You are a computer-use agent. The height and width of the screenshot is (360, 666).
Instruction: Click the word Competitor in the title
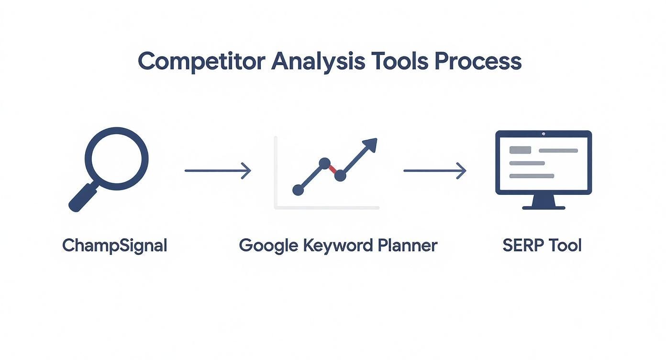pos(201,62)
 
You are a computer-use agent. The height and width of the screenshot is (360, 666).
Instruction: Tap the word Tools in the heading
pos(400,62)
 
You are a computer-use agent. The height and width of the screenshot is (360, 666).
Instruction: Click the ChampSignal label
pos(115,246)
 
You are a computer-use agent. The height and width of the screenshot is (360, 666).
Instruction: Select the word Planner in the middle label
pos(407,246)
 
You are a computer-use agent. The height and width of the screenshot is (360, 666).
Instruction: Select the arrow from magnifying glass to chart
pos(218,170)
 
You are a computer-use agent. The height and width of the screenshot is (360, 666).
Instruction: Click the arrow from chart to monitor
pos(434,170)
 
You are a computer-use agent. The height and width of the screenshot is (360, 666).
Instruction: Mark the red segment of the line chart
pos(333,169)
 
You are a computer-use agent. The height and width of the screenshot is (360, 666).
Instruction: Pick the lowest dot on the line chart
pos(298,190)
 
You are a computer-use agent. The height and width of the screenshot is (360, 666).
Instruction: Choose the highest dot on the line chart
pos(324,163)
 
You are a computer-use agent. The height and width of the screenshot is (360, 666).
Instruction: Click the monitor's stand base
pos(544,207)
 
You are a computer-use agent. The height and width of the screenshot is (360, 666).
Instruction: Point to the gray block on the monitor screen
pos(521,150)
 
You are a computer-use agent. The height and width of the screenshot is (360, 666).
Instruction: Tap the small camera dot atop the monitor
pos(544,134)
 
